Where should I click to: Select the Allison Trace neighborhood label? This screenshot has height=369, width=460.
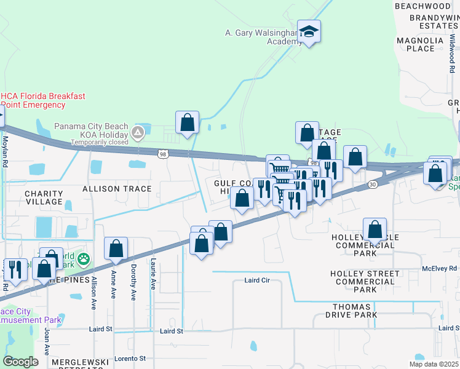click(x=117, y=188)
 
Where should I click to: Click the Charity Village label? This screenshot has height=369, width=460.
click(x=44, y=197)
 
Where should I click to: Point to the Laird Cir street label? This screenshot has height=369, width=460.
click(x=257, y=280)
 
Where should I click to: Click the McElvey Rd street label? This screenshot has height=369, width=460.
click(x=439, y=268)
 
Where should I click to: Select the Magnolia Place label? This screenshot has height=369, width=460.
click(x=420, y=44)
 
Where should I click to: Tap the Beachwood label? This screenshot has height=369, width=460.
click(x=423, y=6)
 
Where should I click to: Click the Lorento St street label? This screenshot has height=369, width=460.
click(x=124, y=358)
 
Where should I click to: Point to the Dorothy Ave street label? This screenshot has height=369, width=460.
click(x=133, y=282)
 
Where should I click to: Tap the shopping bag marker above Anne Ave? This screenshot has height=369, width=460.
click(x=116, y=249)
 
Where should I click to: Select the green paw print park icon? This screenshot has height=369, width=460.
click(x=84, y=260)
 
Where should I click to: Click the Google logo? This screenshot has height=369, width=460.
click(x=20, y=362)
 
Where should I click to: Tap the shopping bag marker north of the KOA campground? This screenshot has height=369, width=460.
click(x=188, y=122)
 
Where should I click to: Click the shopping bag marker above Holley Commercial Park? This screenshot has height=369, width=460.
click(x=375, y=230)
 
